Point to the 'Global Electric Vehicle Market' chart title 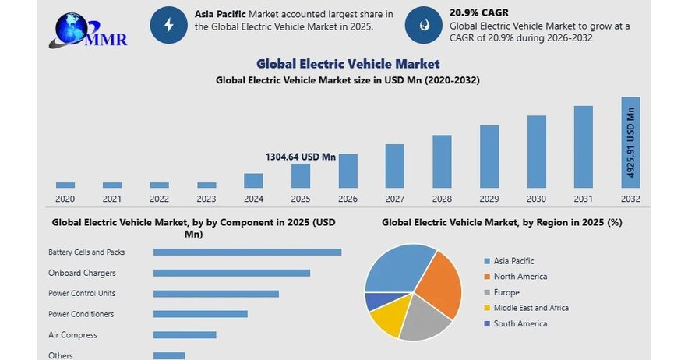tap(348, 64)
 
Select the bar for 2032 tap(630, 143)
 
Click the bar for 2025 tap(301, 176)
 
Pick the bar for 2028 tap(442, 161)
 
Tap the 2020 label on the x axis tap(65, 199)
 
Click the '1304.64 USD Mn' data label tap(301, 157)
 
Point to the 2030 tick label tap(536, 199)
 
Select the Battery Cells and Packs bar tap(247, 252)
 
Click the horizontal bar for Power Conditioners tap(200, 314)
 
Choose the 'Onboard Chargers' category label tap(82, 273)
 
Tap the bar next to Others tap(169, 355)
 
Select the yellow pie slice tap(386, 319)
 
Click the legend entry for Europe tap(507, 292)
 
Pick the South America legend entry tap(520, 323)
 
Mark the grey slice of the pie tap(424, 319)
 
